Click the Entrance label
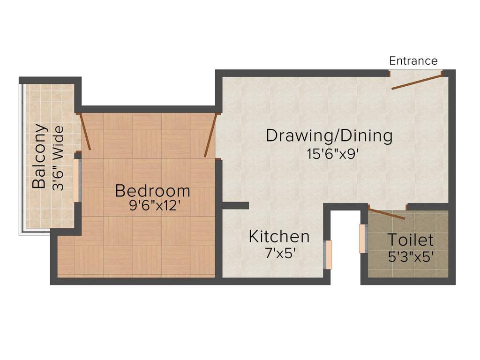[x=413, y=61]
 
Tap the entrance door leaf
[x=417, y=81]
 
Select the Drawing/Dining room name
[x=329, y=136]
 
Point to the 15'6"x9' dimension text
[x=332, y=154]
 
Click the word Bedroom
[x=153, y=191]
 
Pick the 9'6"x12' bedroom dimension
[x=153, y=205]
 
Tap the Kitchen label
[x=279, y=237]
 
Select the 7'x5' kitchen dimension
[x=280, y=253]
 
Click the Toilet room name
[x=411, y=240]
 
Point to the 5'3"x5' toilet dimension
[x=411, y=256]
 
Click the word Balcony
[x=40, y=156]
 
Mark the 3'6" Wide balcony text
[x=58, y=158]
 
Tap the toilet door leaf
[x=386, y=212]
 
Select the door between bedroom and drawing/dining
[x=211, y=135]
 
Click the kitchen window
[x=328, y=255]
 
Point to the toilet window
[x=363, y=239]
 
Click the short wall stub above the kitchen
[x=235, y=205]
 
